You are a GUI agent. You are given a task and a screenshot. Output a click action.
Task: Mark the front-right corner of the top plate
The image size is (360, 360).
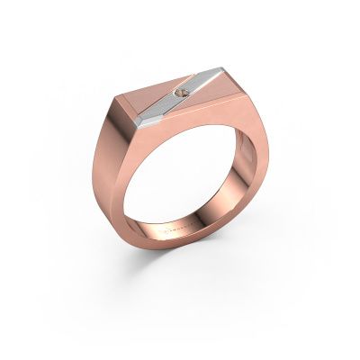point(247,108)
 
